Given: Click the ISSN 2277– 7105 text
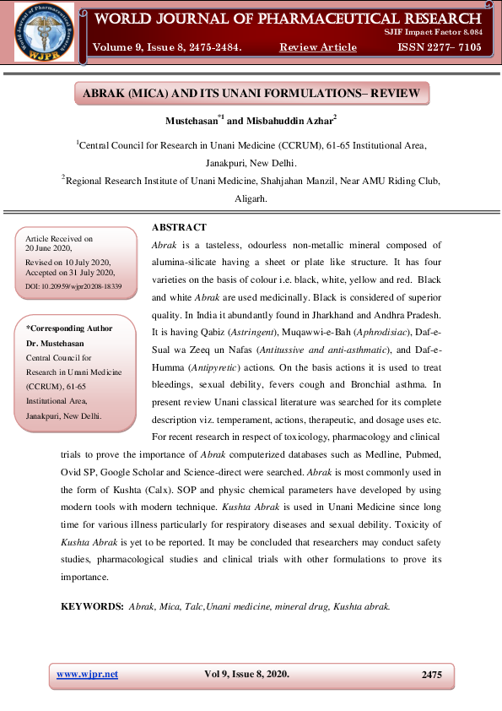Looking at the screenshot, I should [x=439, y=47].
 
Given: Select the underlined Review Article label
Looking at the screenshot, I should [x=317, y=47].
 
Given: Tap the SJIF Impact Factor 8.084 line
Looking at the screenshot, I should [x=443, y=32].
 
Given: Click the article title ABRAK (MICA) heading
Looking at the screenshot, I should [x=250, y=92].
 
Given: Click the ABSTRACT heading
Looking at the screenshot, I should [x=179, y=228].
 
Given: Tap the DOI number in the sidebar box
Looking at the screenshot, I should [x=74, y=287].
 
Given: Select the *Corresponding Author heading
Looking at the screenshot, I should [x=69, y=328].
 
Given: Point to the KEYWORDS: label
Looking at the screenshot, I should [x=92, y=606].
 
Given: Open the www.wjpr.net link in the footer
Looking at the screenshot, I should [x=88, y=674].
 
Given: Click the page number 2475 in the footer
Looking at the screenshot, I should [x=431, y=675].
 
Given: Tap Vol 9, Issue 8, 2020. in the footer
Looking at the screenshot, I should [x=246, y=674].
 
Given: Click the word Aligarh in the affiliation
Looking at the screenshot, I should [x=251, y=199].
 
